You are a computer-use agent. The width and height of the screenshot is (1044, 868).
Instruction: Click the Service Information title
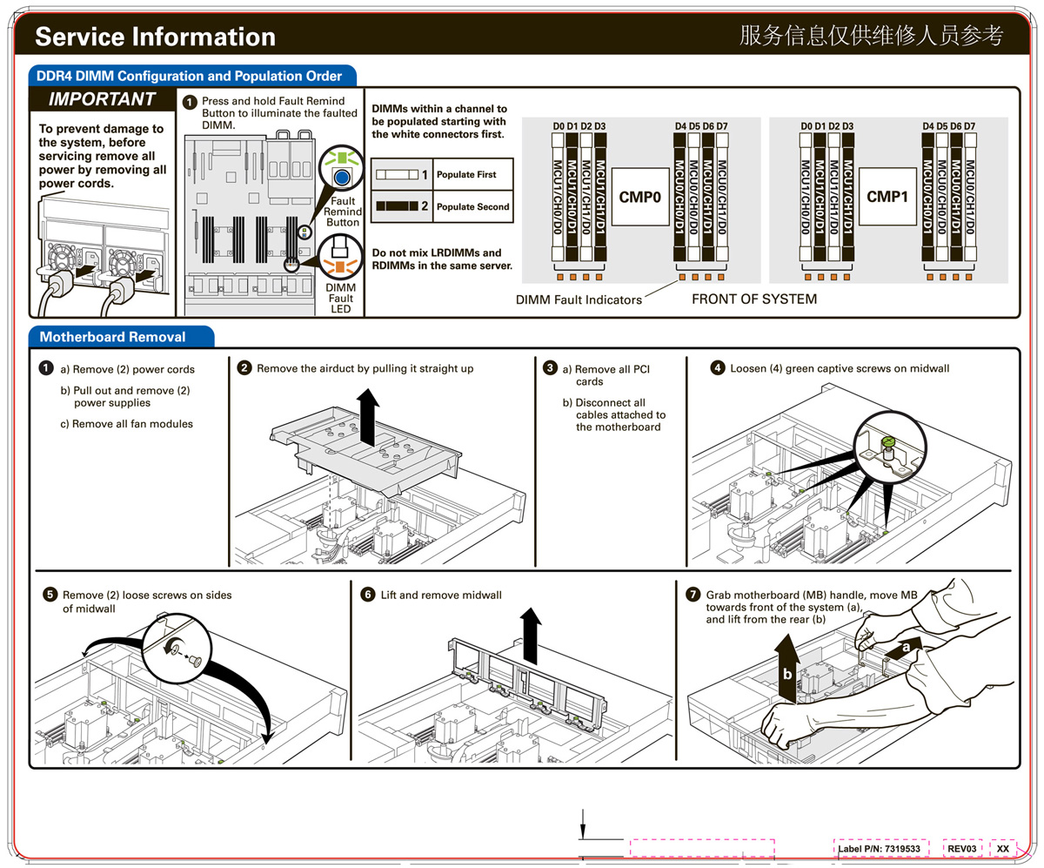155,37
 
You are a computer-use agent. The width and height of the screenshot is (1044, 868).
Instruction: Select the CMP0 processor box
640,197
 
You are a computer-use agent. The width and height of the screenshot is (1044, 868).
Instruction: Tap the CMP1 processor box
887,197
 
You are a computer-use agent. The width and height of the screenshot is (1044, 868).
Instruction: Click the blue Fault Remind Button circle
342,177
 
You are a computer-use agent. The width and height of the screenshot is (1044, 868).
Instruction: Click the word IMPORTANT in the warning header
103,99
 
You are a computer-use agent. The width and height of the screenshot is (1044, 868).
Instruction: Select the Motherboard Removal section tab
112,336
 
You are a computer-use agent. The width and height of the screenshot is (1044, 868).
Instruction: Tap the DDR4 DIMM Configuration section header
190,76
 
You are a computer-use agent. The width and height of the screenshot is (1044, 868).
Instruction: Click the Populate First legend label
466,175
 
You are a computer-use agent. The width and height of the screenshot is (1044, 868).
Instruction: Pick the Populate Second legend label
472,207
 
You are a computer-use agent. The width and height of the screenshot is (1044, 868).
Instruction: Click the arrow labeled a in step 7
904,648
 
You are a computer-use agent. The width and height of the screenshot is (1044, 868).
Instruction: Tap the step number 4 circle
718,368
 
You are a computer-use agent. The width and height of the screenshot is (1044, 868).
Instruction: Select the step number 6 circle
368,595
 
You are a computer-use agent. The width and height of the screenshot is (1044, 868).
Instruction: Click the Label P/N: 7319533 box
879,847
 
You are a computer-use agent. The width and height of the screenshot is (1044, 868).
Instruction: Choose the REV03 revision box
963,847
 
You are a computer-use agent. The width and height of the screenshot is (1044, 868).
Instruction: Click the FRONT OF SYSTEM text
753,299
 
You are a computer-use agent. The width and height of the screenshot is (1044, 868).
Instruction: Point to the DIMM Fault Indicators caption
579,300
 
